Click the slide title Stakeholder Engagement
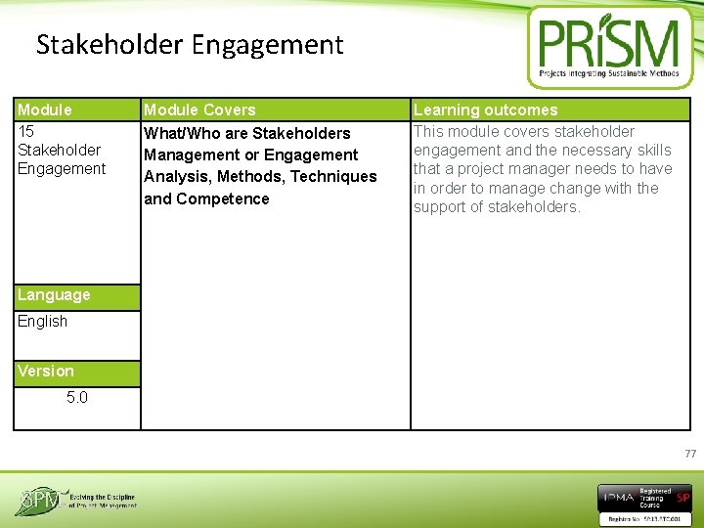[x=190, y=45]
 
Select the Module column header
[x=45, y=110]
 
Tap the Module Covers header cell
[x=199, y=110]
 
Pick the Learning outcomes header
[x=485, y=110]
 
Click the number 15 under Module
[x=26, y=131]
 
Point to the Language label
[x=54, y=295]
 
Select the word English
[x=43, y=322]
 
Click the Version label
[x=46, y=372]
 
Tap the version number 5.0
[x=77, y=398]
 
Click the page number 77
[x=690, y=454]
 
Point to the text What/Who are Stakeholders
[x=247, y=133]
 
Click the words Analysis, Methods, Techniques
[x=260, y=177]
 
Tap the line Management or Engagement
[x=251, y=155]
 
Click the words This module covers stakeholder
[x=524, y=132]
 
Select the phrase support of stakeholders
[x=497, y=207]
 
